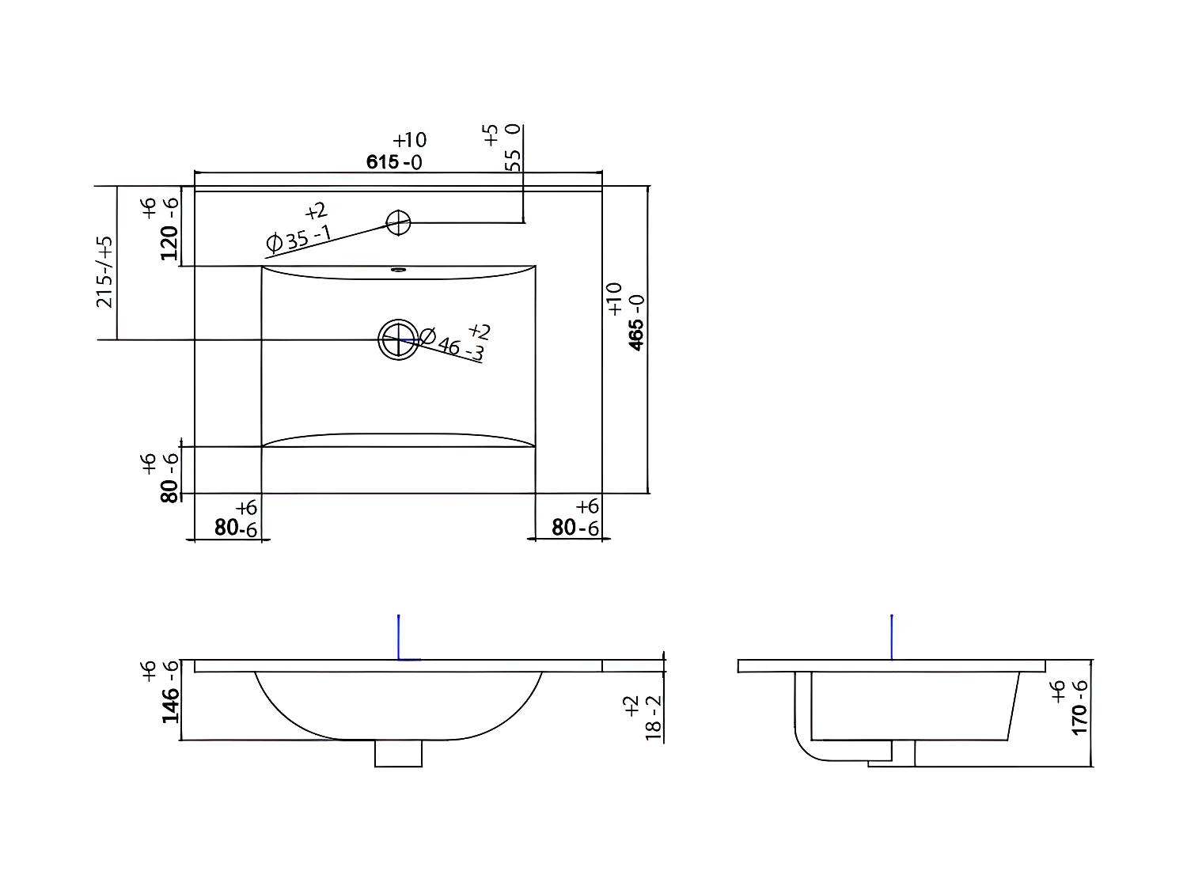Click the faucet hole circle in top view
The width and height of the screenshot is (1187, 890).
click(x=398, y=223)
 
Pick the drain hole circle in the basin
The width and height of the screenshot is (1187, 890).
click(x=398, y=340)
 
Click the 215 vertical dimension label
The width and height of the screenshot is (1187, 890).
click(x=104, y=271)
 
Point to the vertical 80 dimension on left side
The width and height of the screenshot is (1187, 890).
click(x=169, y=478)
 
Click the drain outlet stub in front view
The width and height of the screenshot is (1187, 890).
click(x=398, y=754)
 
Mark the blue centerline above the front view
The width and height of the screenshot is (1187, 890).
click(x=399, y=637)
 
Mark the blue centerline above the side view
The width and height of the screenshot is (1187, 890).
click(x=892, y=637)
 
